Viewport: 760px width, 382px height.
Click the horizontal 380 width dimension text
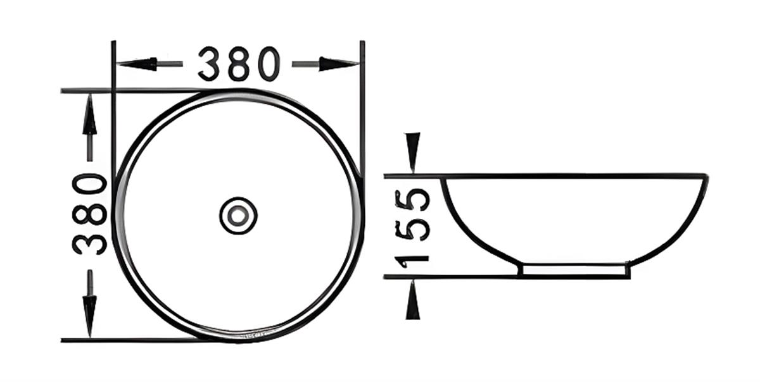239,64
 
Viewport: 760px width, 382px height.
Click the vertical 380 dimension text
89,214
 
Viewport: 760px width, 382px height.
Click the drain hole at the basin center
239,215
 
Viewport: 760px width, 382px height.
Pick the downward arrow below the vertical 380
90,304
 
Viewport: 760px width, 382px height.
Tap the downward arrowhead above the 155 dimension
412,152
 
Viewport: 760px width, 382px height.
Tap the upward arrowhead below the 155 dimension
413,299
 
